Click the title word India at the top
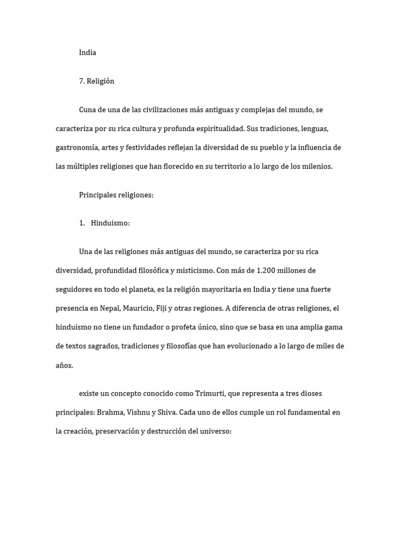pos(87,53)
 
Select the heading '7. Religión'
pos(97,81)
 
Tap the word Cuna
pos(88,110)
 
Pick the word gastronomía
pos(77,148)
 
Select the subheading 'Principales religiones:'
pos(116,195)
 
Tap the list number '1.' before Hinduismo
pos(82,223)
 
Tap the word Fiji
pos(162,308)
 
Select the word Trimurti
pos(210,393)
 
